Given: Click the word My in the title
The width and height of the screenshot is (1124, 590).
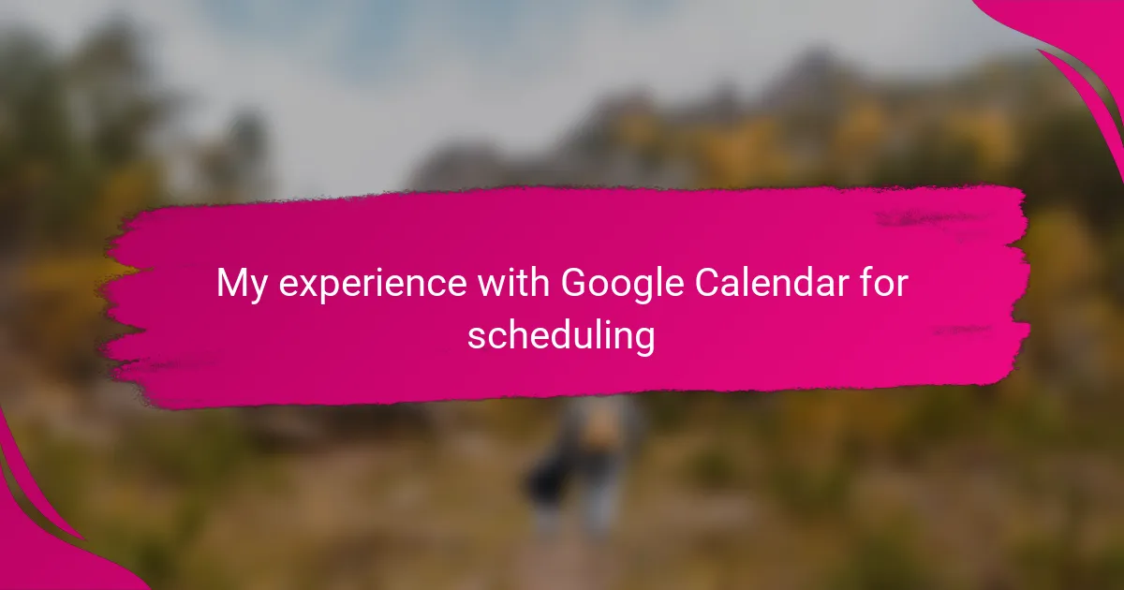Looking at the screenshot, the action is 242,285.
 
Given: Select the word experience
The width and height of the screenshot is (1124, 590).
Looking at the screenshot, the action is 373,285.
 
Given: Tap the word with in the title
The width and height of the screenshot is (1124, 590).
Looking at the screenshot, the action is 513,282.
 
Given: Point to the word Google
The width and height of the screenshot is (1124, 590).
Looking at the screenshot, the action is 622,285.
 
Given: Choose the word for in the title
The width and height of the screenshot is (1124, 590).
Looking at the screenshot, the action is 883,282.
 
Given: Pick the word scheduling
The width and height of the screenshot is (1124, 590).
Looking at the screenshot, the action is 561,335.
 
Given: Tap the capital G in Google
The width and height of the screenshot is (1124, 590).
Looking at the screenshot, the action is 573,282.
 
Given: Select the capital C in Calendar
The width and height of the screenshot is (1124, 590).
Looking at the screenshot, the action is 708,282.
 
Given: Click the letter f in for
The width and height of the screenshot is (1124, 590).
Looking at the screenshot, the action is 866,282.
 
